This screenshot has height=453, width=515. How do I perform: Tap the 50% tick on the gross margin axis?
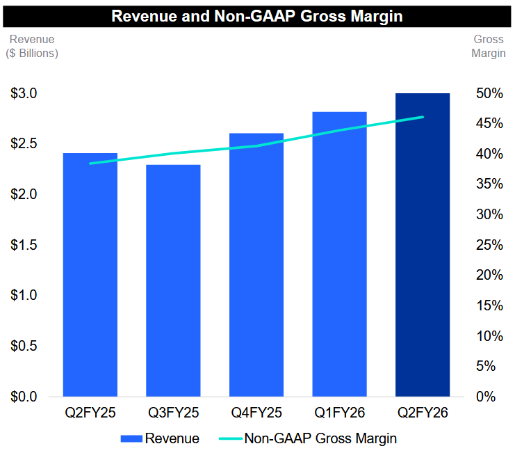tap(489, 93)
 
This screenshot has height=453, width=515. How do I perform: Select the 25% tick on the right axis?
tap(489, 245)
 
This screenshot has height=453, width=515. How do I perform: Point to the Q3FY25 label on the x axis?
tap(173, 413)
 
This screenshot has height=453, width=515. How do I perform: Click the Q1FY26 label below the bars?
tap(339, 413)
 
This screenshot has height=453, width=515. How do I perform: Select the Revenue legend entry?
tap(161, 438)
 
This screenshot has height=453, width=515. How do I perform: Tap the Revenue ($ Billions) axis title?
tap(33, 46)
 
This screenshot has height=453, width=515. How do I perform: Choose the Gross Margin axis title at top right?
tap(489, 46)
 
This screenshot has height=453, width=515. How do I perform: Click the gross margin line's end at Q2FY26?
tap(423, 117)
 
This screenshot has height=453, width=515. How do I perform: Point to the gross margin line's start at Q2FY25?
tap(90, 164)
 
